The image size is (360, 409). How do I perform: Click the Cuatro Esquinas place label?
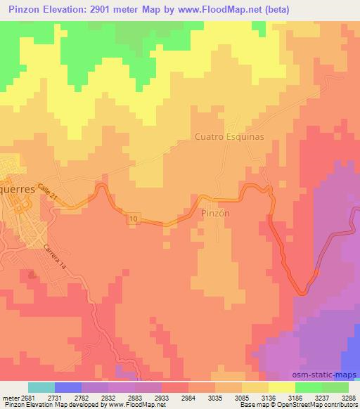click(229, 137)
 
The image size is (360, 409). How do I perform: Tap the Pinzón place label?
click(216, 212)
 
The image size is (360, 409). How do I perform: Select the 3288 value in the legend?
click(348, 398)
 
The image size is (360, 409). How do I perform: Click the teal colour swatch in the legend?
click(41, 387)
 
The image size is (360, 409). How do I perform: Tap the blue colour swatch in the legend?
click(68, 387)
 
